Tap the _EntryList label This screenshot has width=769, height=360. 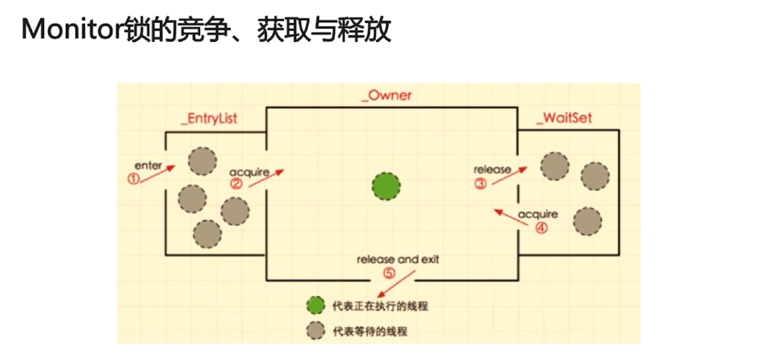(x=209, y=118)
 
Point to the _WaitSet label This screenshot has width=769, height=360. (x=564, y=118)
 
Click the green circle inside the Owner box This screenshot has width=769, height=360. (x=386, y=187)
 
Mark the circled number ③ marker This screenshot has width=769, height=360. (x=480, y=184)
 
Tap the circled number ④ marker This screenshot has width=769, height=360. (x=541, y=228)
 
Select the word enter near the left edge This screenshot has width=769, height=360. (x=148, y=166)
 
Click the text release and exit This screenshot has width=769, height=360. (x=398, y=260)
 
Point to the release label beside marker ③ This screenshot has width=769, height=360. (x=492, y=170)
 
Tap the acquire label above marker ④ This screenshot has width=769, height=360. (x=537, y=214)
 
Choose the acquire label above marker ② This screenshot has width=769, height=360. (x=249, y=172)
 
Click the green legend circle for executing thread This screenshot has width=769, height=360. (x=315, y=306)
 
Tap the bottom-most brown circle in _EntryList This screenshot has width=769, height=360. (x=207, y=234)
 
